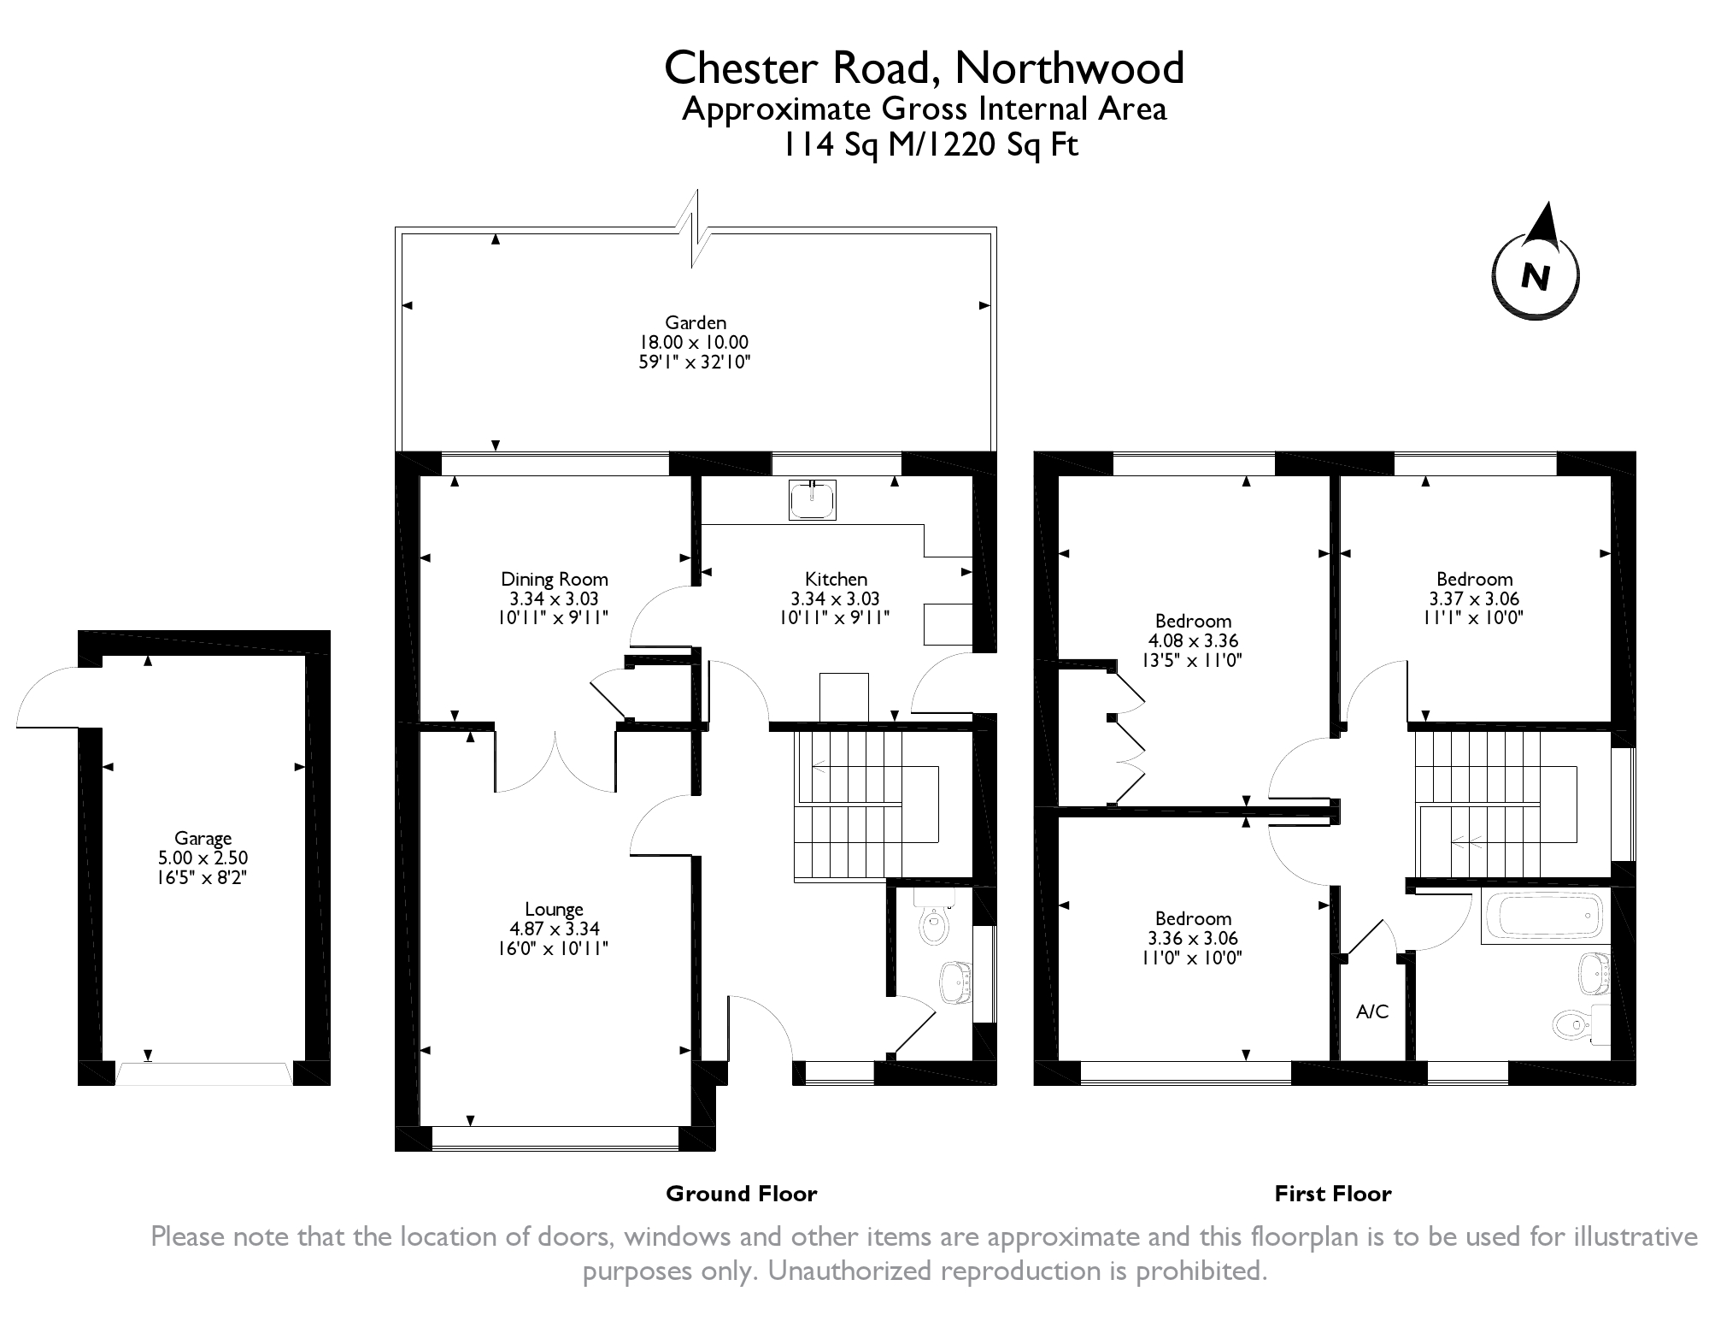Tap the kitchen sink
point(813,499)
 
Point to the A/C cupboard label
point(1372,1012)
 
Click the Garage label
point(203,838)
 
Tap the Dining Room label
point(554,580)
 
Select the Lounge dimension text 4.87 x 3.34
point(554,929)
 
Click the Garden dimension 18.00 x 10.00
point(695,342)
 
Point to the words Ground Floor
point(741,1194)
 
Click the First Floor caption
point(1332,1194)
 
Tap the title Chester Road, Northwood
point(924,68)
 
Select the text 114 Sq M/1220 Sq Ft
point(931,146)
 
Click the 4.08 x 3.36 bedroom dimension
point(1193,640)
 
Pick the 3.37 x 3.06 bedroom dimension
point(1474,599)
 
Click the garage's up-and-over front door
point(203,1074)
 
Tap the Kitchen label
point(835,580)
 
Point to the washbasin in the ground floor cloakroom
point(954,982)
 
